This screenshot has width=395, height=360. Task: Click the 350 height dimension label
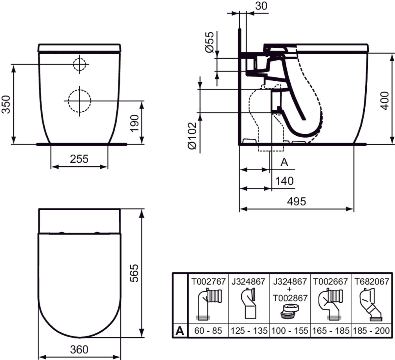click(x=6, y=104)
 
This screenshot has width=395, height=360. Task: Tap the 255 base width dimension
click(x=79, y=159)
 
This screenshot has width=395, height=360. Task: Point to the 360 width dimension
click(x=79, y=349)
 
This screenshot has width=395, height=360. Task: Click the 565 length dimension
click(x=134, y=273)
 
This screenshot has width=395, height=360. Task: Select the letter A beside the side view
click(x=284, y=162)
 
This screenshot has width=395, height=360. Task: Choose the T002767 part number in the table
click(x=209, y=281)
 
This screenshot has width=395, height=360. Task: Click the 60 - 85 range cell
click(x=208, y=330)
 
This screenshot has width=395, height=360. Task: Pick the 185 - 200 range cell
click(x=373, y=330)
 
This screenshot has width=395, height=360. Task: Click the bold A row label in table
click(x=180, y=330)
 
